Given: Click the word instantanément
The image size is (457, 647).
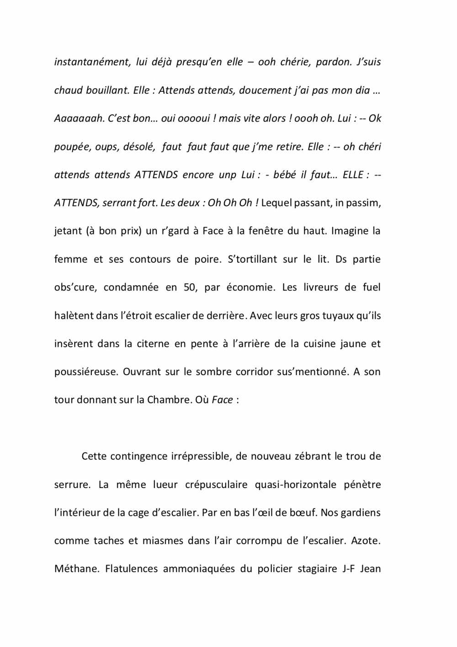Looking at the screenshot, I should tap(92, 62).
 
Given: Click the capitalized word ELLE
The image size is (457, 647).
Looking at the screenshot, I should tap(353, 175).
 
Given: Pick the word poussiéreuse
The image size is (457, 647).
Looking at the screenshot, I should tap(85, 372).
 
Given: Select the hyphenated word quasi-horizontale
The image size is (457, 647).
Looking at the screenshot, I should tap(295, 484).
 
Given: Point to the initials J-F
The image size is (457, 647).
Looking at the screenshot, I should tap(348, 569).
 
